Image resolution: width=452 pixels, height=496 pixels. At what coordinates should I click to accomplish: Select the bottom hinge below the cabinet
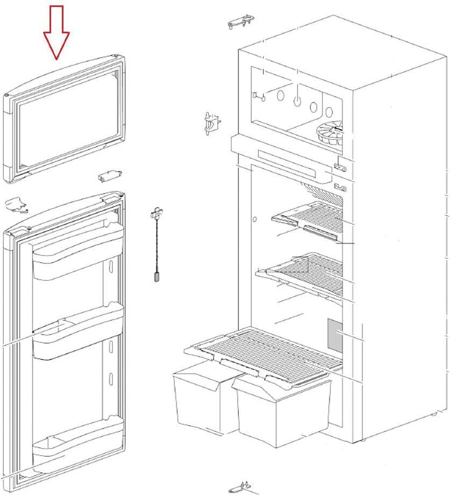pyautogui.click(x=239, y=487)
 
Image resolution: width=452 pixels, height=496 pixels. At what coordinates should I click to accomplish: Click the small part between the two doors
pyautogui.click(x=109, y=176)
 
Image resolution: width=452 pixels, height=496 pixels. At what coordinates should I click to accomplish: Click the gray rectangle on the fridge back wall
pyautogui.click(x=336, y=334)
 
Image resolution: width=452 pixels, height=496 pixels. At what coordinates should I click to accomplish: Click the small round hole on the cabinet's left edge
pyautogui.click(x=255, y=219)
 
